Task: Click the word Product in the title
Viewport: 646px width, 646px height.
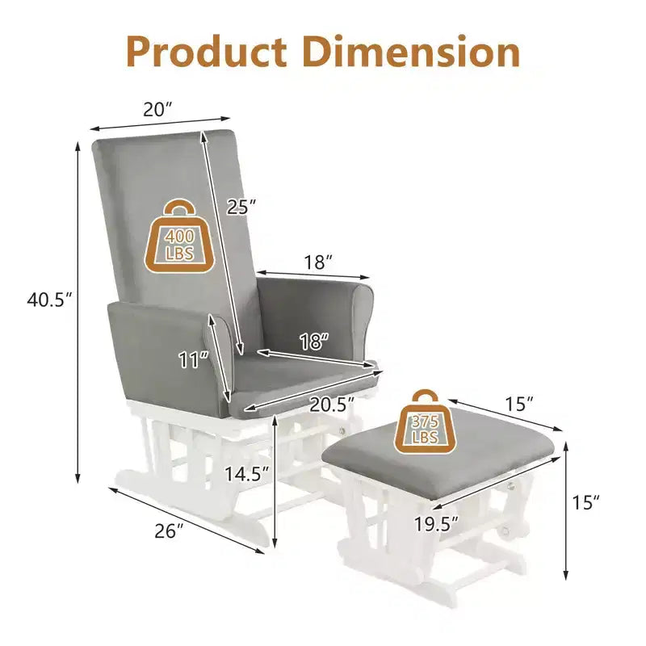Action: pyautogui.click(x=207, y=52)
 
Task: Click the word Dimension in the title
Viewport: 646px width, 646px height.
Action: pyautogui.click(x=411, y=52)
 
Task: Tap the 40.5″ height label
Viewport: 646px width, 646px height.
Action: pyautogui.click(x=49, y=300)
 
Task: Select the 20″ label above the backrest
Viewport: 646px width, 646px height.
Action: pyautogui.click(x=157, y=110)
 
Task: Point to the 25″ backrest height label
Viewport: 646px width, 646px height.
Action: pyautogui.click(x=241, y=207)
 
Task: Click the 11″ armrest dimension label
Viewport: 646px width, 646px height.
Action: pyautogui.click(x=194, y=359)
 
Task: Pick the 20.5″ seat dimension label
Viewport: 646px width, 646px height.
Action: pyautogui.click(x=332, y=405)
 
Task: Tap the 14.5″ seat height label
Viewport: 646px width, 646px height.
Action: pyautogui.click(x=247, y=474)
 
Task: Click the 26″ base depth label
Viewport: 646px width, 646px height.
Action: pyautogui.click(x=169, y=531)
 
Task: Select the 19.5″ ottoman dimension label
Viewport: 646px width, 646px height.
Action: pyautogui.click(x=436, y=524)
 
